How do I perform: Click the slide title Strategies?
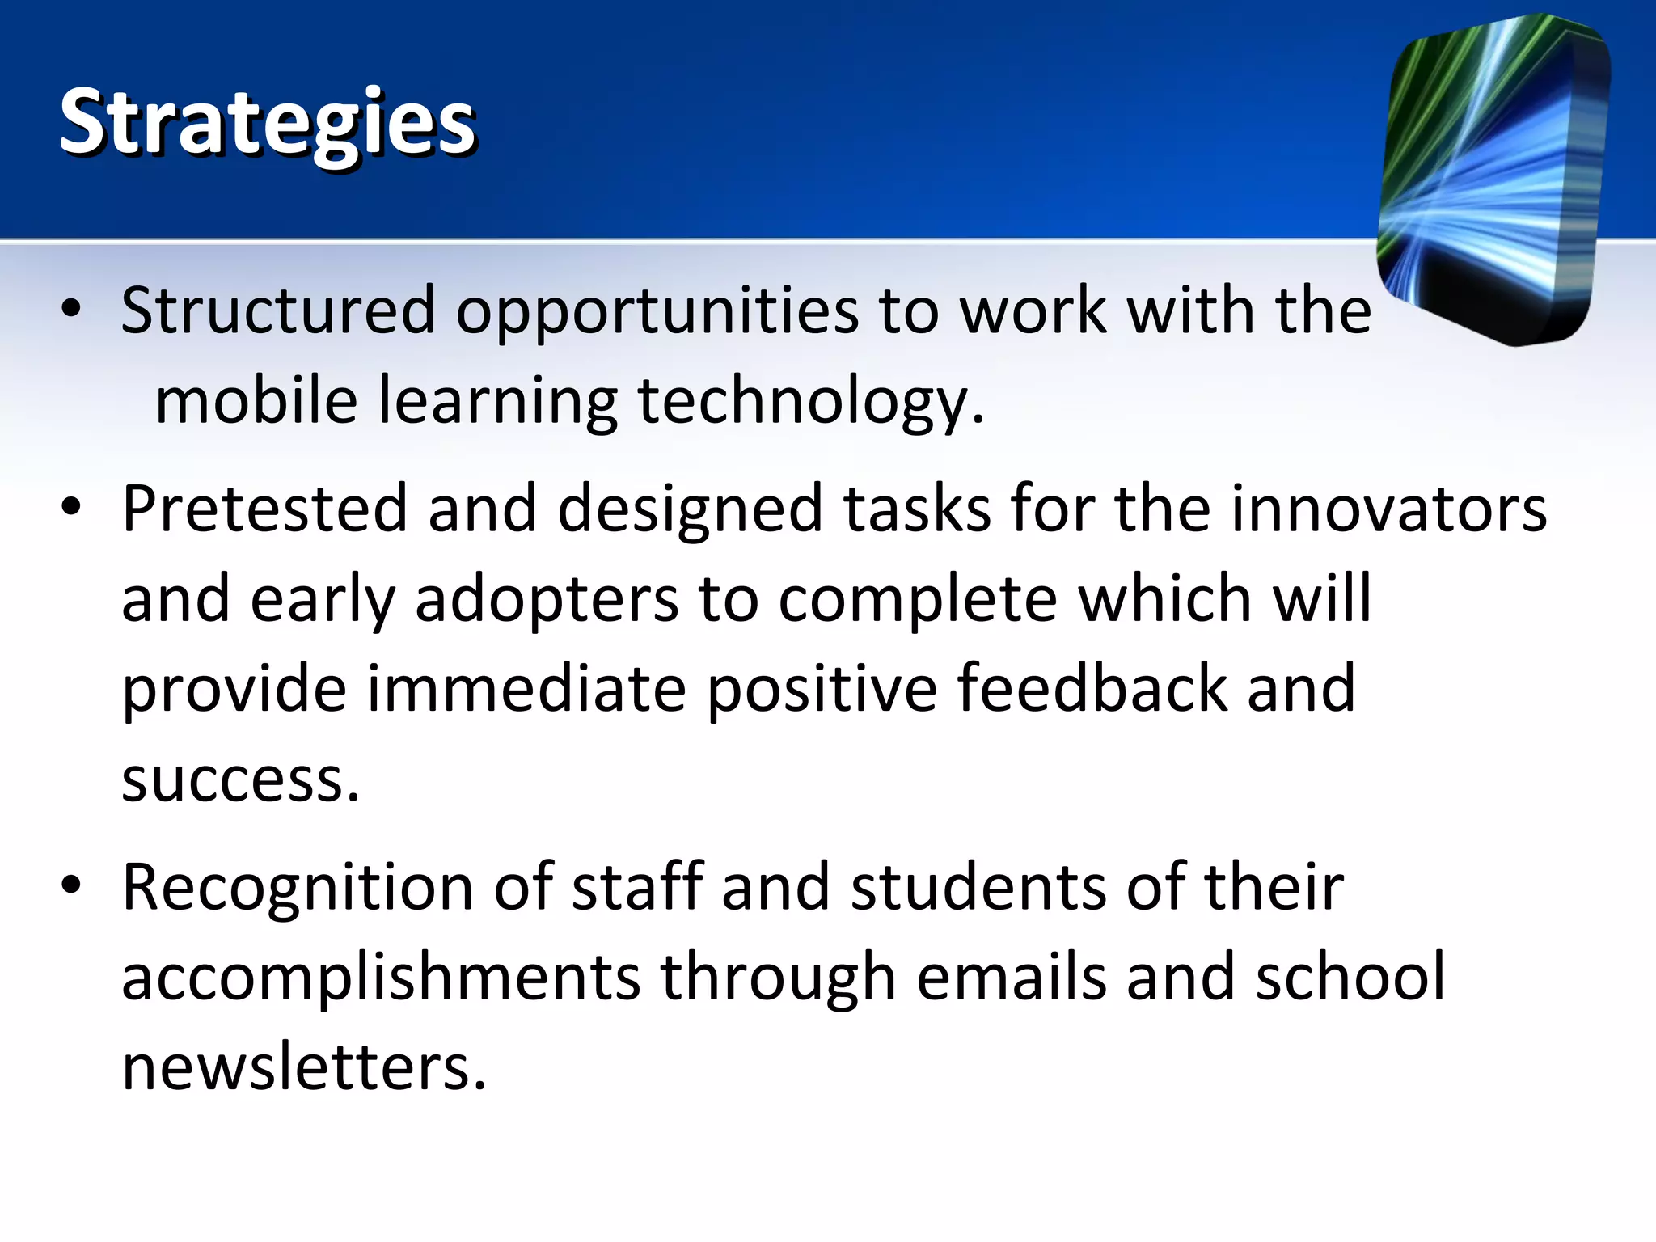[x=268, y=123]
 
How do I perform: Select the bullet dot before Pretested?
[x=71, y=507]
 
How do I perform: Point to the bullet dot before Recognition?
[x=71, y=885]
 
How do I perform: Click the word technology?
[x=811, y=403]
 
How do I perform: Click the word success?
[x=239, y=780]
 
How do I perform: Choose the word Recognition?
[x=298, y=889]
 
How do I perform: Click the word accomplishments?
[x=381, y=978]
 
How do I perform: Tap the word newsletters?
[x=304, y=1067]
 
